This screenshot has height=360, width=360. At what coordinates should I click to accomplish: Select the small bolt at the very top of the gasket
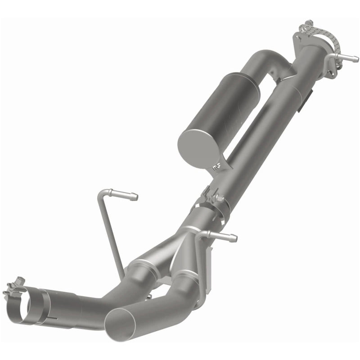click(x=309, y=22)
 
